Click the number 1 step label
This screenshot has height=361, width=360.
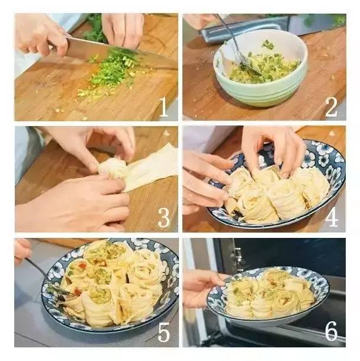164,107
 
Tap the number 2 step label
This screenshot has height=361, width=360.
331,107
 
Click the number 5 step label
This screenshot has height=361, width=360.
164,331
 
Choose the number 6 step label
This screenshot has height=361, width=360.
331,331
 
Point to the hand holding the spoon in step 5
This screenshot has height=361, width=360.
22,251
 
